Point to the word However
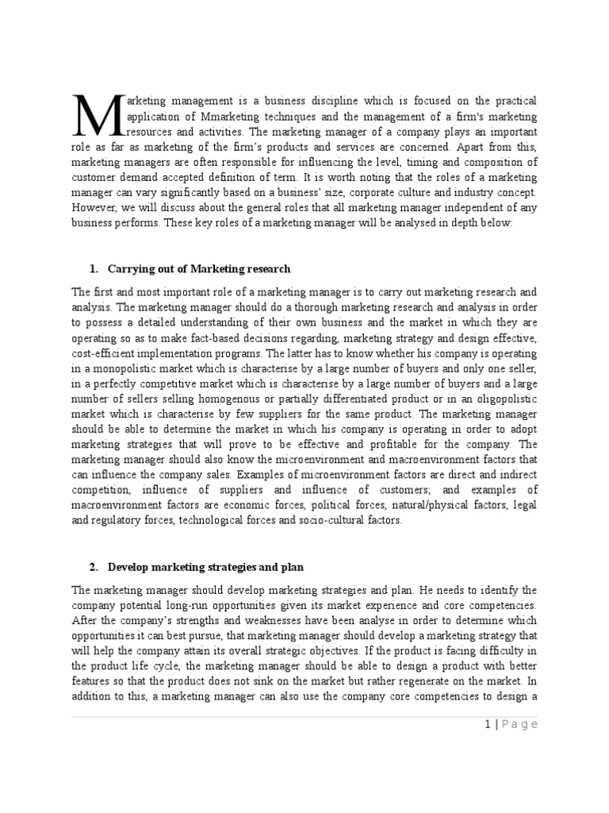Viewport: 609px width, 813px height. (94, 209)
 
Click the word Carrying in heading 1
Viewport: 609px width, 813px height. (131, 269)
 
